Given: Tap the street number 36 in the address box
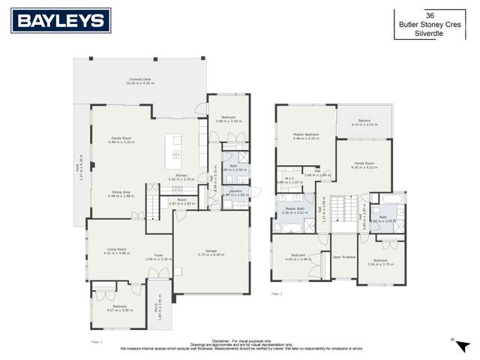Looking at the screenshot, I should point(430,15).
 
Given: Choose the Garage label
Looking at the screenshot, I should point(211,251).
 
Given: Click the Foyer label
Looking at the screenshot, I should point(159,256).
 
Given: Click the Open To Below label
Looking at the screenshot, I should point(344,256).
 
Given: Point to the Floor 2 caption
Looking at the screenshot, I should point(277,294).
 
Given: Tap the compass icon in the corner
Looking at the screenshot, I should point(453,339).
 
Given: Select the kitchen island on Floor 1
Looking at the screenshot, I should point(175,147).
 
